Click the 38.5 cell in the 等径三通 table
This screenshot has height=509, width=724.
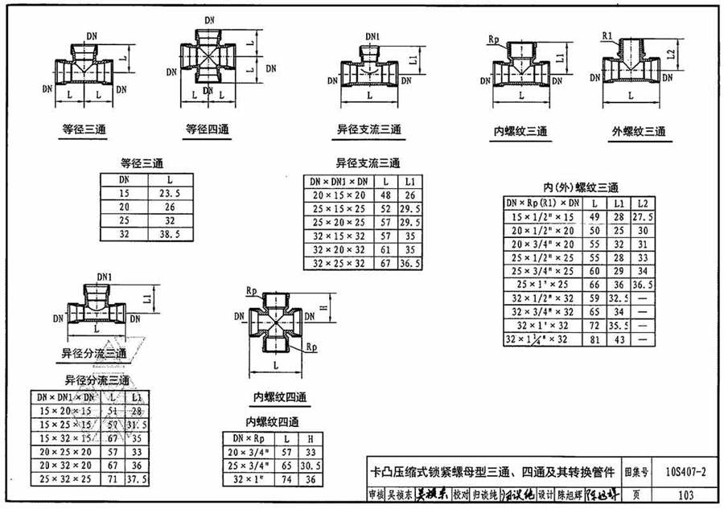click(169, 233)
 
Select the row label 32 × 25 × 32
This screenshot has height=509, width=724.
click(339, 263)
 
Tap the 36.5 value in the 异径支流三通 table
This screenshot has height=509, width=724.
click(411, 263)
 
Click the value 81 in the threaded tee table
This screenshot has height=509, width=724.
click(595, 340)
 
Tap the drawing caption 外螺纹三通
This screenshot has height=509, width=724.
click(639, 131)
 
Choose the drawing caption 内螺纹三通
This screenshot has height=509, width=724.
click(520, 131)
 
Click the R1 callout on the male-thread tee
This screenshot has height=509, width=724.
click(609, 35)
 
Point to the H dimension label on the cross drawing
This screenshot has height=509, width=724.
click(323, 308)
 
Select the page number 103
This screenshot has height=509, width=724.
click(685, 494)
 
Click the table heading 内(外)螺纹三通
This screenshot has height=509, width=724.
click(568, 187)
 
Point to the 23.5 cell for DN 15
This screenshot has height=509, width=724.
click(169, 194)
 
